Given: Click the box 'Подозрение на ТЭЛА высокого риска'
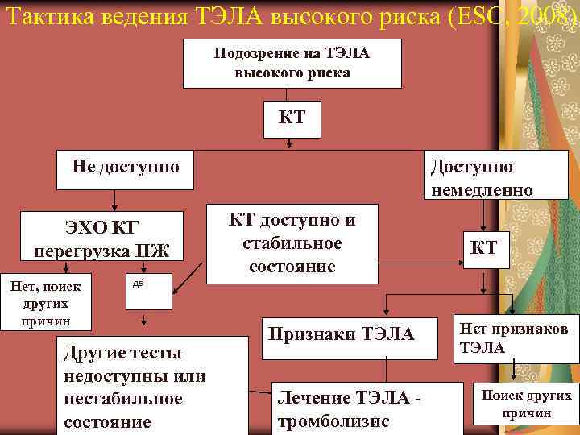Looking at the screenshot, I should [292, 62].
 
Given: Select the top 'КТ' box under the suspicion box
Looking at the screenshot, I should [292, 118].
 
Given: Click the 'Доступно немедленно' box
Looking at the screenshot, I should [481, 177].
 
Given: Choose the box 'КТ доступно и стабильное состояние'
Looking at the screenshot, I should [292, 243].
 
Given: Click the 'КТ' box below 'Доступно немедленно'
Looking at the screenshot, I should [483, 248].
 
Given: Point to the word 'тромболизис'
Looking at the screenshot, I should [333, 421].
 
